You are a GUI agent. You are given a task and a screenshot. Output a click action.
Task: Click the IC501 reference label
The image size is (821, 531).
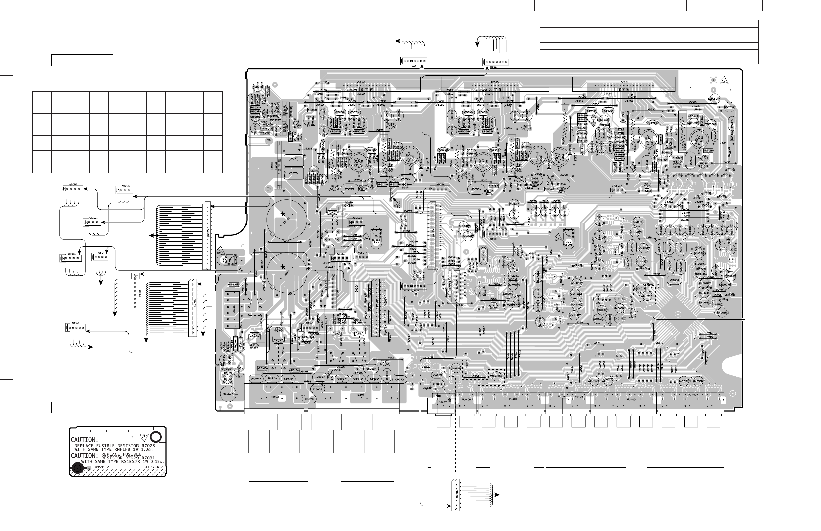[625, 82]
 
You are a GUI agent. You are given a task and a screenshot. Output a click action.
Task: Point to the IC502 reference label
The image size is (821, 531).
[361, 82]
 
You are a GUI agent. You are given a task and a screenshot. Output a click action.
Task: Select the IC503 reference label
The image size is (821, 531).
[495, 82]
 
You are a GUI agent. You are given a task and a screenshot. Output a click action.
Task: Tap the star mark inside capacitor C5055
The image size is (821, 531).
[283, 214]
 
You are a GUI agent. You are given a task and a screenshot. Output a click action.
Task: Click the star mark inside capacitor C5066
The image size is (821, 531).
[283, 267]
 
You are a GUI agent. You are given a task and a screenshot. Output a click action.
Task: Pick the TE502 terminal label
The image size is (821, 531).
[275, 397]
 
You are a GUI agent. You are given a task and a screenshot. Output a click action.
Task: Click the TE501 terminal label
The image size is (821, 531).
[360, 395]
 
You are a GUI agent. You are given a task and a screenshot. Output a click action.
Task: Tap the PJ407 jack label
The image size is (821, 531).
[443, 402]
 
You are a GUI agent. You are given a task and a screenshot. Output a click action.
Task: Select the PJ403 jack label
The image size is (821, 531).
[631, 399]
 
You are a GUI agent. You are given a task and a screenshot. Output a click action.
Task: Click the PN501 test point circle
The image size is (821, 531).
[398, 204]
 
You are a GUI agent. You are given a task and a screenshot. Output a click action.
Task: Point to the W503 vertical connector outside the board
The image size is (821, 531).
[135, 292]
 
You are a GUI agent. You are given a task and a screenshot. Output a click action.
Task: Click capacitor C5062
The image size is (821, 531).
[228, 394]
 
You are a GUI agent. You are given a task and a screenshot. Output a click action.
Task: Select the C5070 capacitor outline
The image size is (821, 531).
[256, 379]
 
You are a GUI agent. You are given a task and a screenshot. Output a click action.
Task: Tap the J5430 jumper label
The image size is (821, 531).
[285, 241]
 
